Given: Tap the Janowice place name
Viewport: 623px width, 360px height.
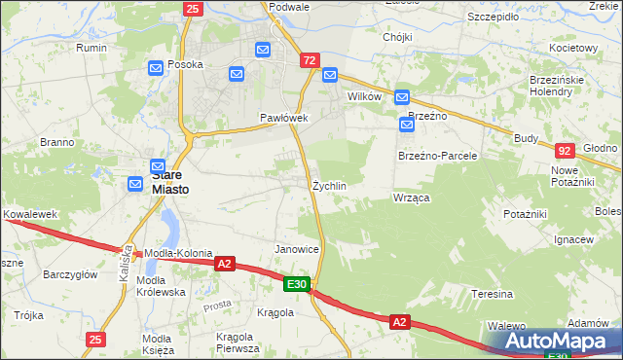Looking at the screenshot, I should click(297, 249).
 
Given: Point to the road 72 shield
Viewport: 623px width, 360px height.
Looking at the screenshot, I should click(310, 60).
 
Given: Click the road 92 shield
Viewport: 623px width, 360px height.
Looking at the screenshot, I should click(566, 151).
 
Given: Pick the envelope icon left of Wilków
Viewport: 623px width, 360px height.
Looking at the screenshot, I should click(329, 75).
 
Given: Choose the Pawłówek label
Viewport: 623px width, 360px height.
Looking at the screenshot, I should click(283, 118).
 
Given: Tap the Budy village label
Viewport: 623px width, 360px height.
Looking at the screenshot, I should click(527, 138).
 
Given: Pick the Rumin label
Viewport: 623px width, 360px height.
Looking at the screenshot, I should click(92, 48).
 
